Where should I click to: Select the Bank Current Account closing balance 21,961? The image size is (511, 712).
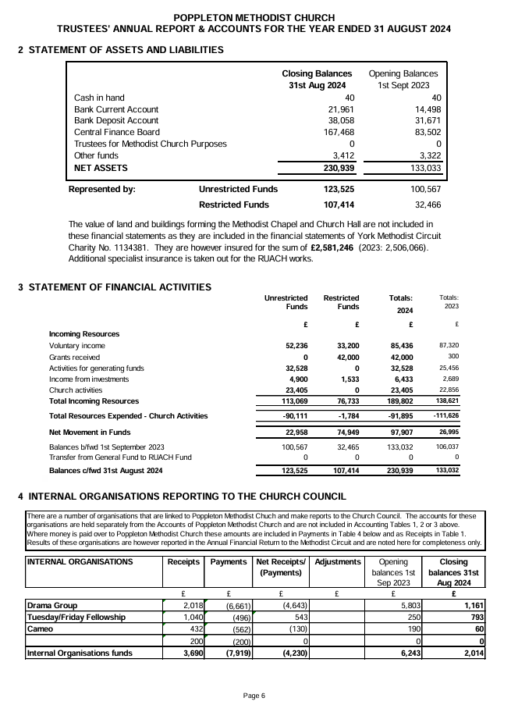(339, 109)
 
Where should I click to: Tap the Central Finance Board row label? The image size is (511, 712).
(115, 132)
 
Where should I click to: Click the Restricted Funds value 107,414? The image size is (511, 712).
(339, 205)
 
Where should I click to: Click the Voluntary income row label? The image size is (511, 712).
(76, 345)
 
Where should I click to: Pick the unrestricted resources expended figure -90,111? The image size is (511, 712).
(295, 416)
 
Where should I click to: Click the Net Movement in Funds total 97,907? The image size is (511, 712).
(399, 432)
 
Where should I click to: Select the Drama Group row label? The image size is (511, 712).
(52, 605)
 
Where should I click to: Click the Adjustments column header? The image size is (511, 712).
(336, 562)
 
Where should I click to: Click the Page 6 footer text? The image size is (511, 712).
(254, 696)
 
